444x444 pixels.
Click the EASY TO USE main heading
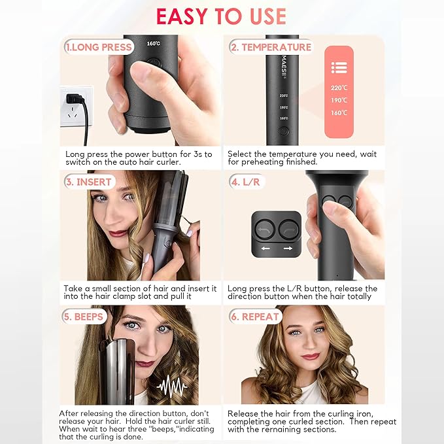coord(221,16)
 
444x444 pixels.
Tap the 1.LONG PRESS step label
coord(99,47)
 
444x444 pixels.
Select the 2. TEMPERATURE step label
coord(270,47)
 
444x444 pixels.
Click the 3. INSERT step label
coord(89,182)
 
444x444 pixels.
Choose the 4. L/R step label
coord(246,182)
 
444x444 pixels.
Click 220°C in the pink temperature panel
coord(339,88)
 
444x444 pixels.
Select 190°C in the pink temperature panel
coord(339,100)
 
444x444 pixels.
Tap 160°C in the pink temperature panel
coord(339,112)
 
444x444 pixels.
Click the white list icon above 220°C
coord(339,67)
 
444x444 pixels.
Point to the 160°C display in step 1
coord(154,44)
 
